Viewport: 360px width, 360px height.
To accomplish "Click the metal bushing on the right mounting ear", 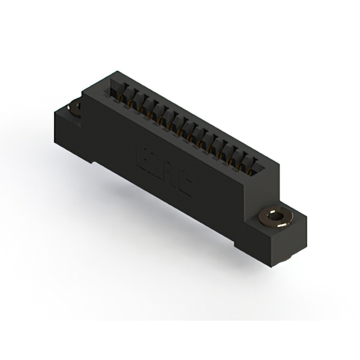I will coord(274,217).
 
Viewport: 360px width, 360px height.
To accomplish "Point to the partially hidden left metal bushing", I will coord(75,106).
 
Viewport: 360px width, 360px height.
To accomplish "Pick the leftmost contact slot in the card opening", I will coord(119,92).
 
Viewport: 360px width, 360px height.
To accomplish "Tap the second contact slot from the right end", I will coord(247,160).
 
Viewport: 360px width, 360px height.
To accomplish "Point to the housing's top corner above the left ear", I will coord(116,74).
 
